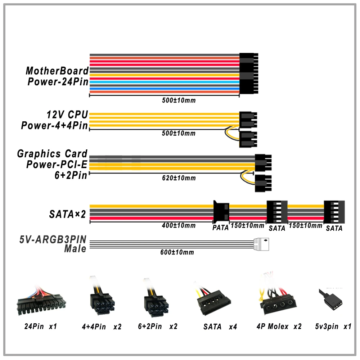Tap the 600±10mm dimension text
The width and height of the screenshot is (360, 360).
[x=177, y=252]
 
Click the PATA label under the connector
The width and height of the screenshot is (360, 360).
[x=220, y=228]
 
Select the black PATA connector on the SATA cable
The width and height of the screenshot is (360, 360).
[x=221, y=211]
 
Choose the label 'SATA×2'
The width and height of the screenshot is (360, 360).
[x=68, y=215]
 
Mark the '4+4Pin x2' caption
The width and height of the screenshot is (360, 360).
[x=102, y=327]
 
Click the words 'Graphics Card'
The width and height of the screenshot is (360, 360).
[x=53, y=154]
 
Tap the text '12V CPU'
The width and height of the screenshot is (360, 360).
[x=67, y=115]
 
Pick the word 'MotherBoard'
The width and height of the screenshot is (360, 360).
[x=57, y=71]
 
